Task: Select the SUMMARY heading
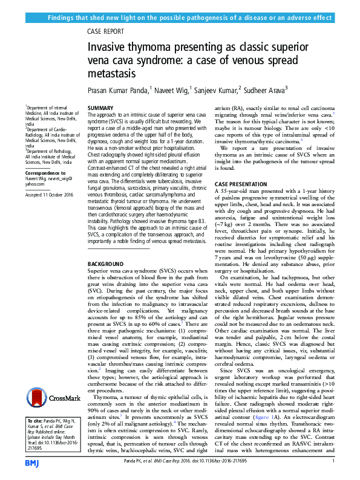(x=100, y=107)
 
